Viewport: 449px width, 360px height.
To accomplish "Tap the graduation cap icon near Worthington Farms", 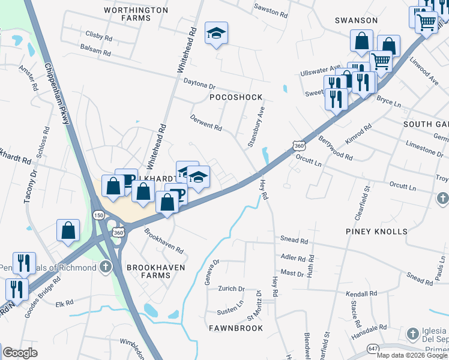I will pos(216,34).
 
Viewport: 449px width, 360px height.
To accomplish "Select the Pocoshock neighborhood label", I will pos(236,97).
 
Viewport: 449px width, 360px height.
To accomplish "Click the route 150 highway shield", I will pos(97,215).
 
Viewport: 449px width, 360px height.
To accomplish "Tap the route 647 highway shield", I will pos(372,347).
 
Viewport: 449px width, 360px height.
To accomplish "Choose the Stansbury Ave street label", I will pos(256,128).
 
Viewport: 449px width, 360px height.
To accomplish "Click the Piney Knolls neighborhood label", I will pos(376,231).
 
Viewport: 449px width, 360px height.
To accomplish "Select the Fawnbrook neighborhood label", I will pos(236,328).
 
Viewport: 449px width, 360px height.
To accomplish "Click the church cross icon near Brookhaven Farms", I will pos(106,266).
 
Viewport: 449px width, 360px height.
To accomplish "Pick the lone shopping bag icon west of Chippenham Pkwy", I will pos(68,230).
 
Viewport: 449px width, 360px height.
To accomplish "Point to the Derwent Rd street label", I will pos(206,122).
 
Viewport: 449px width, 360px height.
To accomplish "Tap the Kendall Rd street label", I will pos(361,294).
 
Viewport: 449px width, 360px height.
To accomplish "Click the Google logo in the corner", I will pos(20,353).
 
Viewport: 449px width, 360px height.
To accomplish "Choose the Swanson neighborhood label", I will pos(356,20).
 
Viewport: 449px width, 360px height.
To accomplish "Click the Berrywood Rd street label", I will pos(335,148).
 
